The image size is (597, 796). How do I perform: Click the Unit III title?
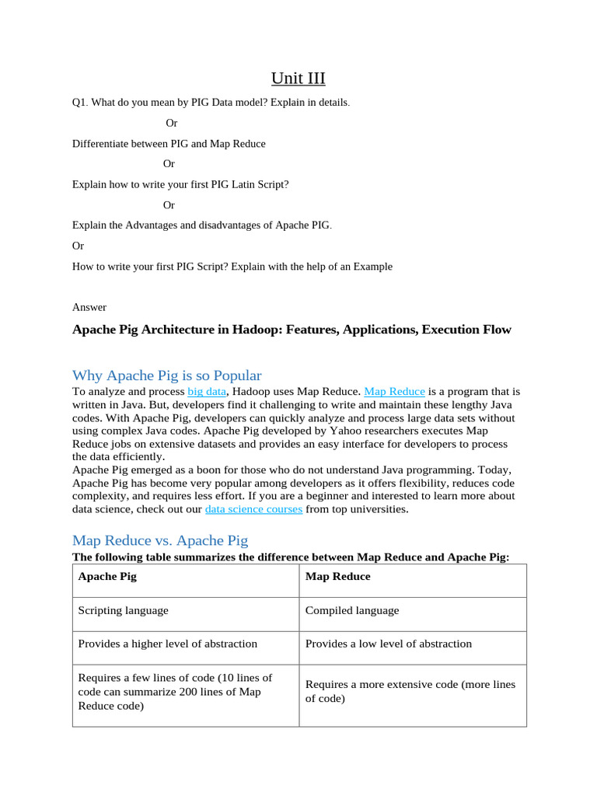(298, 78)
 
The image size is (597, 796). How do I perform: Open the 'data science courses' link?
(253, 509)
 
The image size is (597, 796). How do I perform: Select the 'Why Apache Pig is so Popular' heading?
(166, 375)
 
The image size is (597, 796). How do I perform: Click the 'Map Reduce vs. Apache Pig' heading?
(159, 539)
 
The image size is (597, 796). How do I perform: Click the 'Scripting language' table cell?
(123, 610)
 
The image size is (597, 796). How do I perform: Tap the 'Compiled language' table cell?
(351, 610)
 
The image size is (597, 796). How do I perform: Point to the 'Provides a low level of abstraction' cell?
(388, 644)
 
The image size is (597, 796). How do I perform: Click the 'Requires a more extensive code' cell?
(410, 691)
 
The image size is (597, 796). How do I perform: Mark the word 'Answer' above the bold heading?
(89, 307)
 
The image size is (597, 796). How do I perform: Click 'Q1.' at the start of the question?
(80, 103)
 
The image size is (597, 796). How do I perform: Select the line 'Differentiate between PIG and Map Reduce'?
(169, 144)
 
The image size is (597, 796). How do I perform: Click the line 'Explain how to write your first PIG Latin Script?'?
(180, 185)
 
